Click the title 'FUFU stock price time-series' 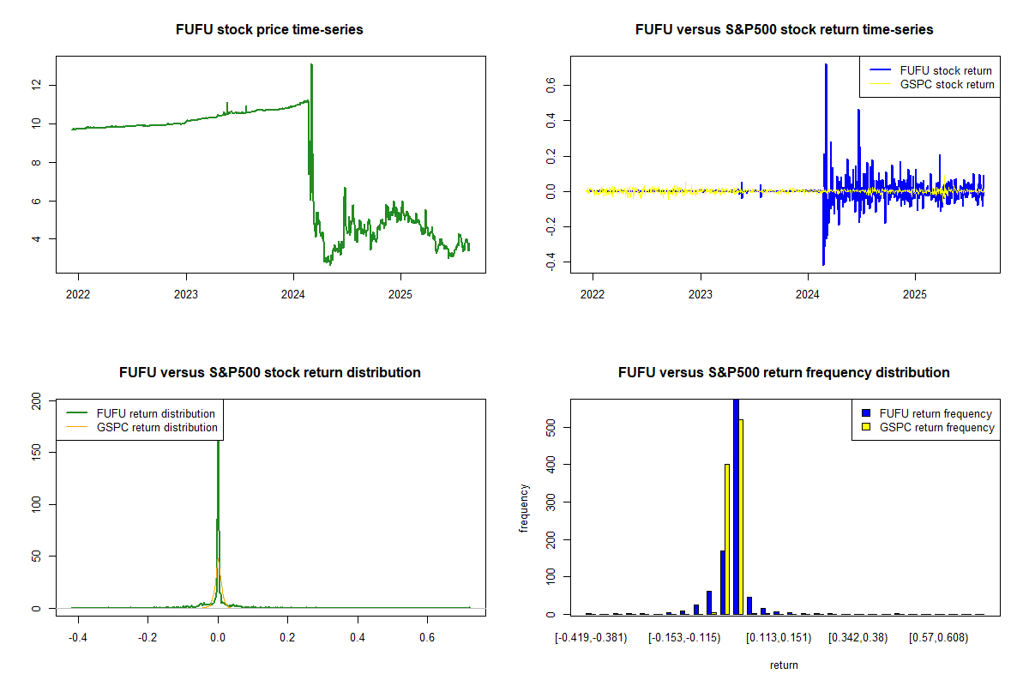coord(269,30)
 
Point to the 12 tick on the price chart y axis coord(35,85)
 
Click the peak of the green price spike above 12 coord(311,65)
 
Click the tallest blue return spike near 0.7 coord(826,65)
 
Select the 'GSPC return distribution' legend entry coord(157,427)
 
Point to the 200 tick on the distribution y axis coord(35,400)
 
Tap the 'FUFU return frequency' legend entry coord(936,413)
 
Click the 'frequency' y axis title coord(524,508)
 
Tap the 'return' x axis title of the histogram coord(784,665)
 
